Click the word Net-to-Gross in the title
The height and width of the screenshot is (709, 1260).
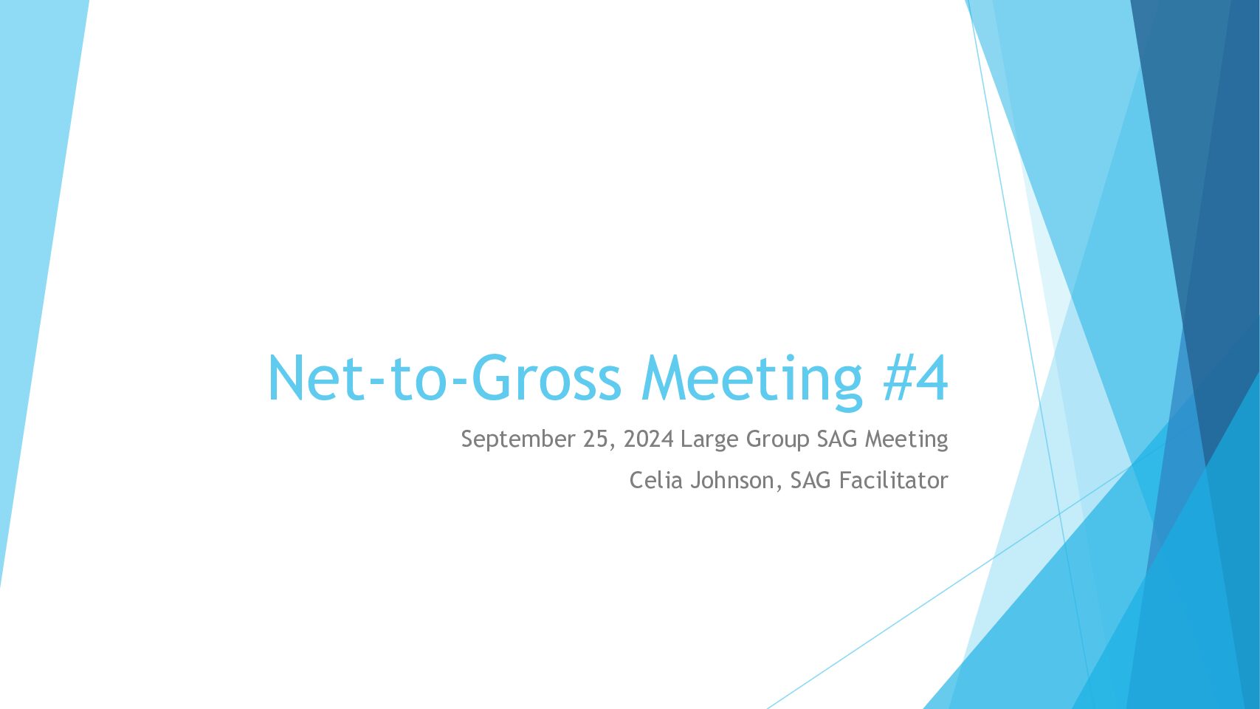point(444,377)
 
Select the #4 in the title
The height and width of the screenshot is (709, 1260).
point(915,377)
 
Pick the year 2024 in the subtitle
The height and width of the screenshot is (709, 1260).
point(649,439)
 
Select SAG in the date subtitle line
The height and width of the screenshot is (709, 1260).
point(838,439)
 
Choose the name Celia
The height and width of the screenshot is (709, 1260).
point(654,481)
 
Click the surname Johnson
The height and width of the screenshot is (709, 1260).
point(732,481)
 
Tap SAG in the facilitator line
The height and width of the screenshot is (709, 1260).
point(810,481)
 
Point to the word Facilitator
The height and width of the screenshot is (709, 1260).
point(894,481)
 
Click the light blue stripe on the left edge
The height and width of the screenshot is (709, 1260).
point(34,225)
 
